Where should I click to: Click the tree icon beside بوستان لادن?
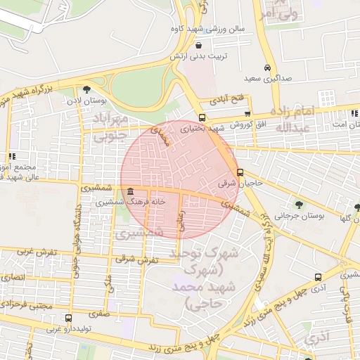(86, 89)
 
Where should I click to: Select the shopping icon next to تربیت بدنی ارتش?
(181, 46)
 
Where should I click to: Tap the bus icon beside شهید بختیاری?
(202, 118)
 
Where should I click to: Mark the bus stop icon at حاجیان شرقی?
(240, 172)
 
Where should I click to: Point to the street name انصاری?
(13, 277)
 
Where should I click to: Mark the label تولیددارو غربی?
(67, 328)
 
